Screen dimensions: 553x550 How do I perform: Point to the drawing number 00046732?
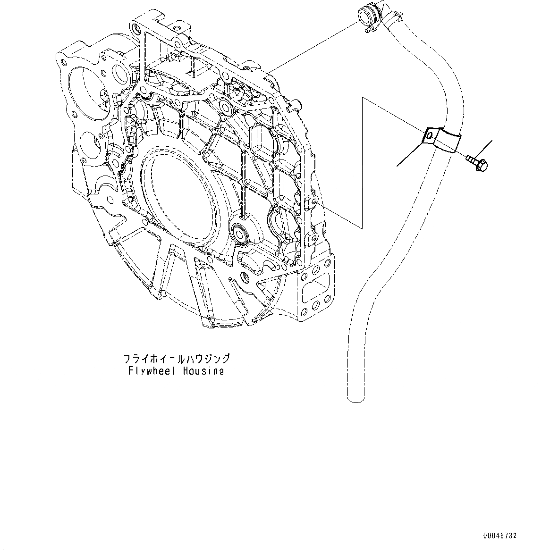pyautogui.click(x=500, y=536)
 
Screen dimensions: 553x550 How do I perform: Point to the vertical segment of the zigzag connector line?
pyautogui.click(x=362, y=160)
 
